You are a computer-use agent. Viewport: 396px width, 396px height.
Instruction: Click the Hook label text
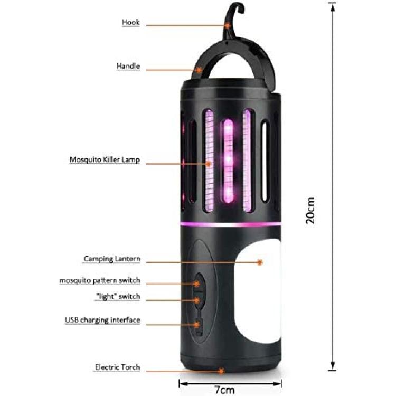click(x=131, y=22)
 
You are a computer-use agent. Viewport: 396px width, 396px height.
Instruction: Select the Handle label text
click(x=128, y=66)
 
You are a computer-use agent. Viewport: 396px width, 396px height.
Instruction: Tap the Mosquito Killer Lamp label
click(x=105, y=160)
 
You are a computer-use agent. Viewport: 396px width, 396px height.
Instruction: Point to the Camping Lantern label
click(x=112, y=259)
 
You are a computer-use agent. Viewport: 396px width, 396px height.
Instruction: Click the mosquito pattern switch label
click(x=99, y=280)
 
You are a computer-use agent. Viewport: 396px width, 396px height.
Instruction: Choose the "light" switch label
click(x=117, y=297)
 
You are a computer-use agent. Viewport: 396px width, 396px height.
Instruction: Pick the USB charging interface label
click(x=102, y=320)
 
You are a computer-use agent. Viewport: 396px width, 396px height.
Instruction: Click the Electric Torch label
click(x=117, y=367)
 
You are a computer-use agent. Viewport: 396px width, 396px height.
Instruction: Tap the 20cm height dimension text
click(x=310, y=211)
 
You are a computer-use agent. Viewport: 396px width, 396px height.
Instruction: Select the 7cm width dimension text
click(x=225, y=390)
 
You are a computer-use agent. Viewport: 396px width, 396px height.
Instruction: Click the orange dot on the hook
click(x=228, y=25)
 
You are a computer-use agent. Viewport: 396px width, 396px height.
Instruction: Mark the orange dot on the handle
click(x=200, y=70)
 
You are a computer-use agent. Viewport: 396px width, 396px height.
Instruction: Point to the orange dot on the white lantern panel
click(x=260, y=262)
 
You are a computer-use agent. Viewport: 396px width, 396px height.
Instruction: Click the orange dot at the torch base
click(x=221, y=371)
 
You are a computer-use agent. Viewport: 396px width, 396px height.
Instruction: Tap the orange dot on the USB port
click(x=197, y=325)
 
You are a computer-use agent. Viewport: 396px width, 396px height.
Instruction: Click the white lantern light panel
click(x=258, y=292)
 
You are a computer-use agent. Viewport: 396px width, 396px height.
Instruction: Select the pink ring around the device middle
click(x=231, y=224)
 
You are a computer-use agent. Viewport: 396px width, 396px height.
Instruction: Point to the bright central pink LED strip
click(x=229, y=161)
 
